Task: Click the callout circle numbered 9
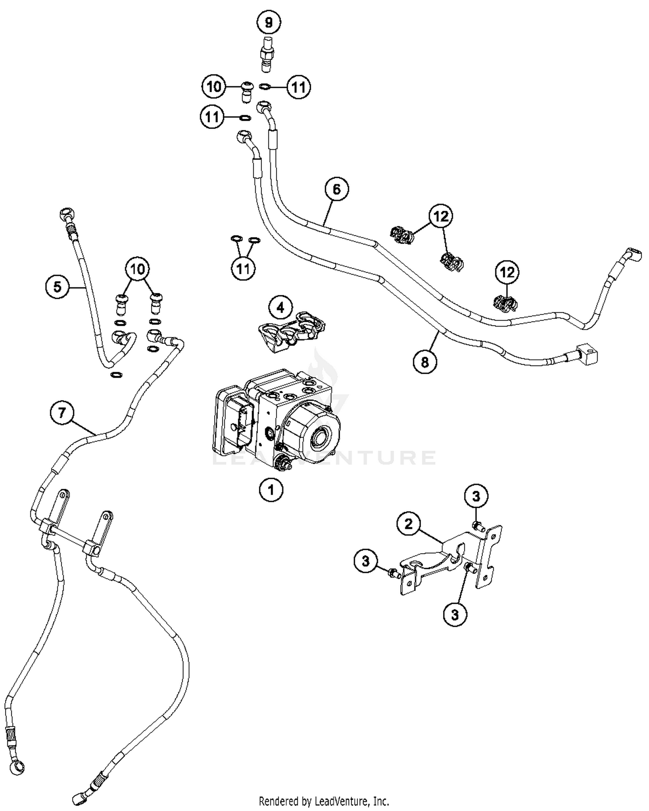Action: (x=269, y=22)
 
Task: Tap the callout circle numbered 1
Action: (x=271, y=490)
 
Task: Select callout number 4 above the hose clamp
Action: (x=280, y=308)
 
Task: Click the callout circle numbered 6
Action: (x=337, y=189)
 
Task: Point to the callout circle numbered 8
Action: (x=425, y=362)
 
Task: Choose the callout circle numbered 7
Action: (x=62, y=412)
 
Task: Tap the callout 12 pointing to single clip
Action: (x=507, y=272)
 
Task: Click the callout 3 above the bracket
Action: (x=476, y=496)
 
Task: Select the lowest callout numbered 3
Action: (x=455, y=614)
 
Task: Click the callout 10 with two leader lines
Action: (x=137, y=269)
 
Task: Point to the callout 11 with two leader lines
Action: (x=243, y=268)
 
